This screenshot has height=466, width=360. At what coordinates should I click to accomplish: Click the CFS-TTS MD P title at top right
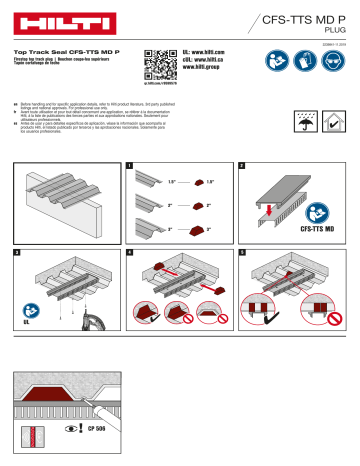pyautogui.click(x=300, y=18)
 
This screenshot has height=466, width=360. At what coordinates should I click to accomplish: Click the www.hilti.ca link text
pyautogui.click(x=213, y=62)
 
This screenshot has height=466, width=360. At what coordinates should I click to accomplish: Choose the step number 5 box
pyautogui.click(x=240, y=255)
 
